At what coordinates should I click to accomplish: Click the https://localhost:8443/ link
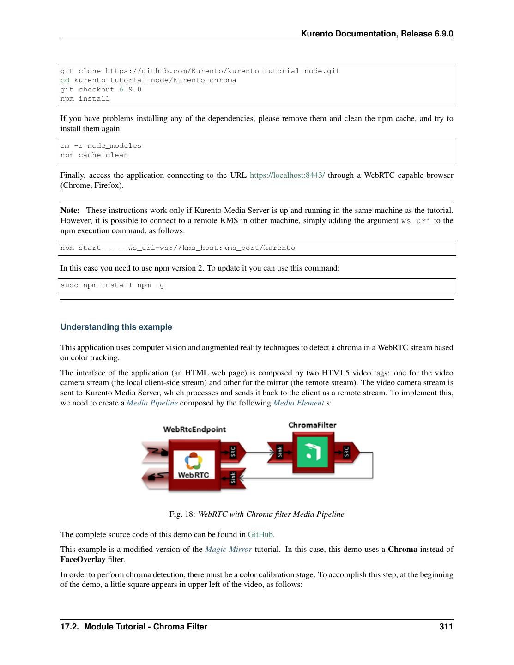coord(287,175)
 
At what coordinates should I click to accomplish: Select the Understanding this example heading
coord(116,327)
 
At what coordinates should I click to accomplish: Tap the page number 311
coord(446,627)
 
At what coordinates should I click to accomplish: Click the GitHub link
coord(260,535)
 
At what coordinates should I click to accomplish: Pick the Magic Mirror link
coord(228,550)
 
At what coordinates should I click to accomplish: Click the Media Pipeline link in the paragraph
coord(152,403)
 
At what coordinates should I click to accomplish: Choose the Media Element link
coord(298,403)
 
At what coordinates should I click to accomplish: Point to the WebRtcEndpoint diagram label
coord(194,429)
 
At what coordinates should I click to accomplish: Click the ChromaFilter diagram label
coord(312,425)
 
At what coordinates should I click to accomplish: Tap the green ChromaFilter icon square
coord(313,453)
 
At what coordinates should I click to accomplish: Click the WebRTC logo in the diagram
coord(194,465)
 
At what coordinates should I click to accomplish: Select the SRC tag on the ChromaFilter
coord(346,452)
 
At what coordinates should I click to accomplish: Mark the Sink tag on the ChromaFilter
coord(279,452)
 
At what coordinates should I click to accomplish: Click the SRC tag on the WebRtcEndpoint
coord(233,451)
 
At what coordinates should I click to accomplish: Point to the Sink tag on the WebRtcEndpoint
coord(233,478)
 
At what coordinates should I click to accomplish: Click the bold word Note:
coord(70,211)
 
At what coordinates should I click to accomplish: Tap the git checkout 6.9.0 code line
coord(101,90)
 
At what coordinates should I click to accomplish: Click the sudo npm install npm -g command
coord(112,285)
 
